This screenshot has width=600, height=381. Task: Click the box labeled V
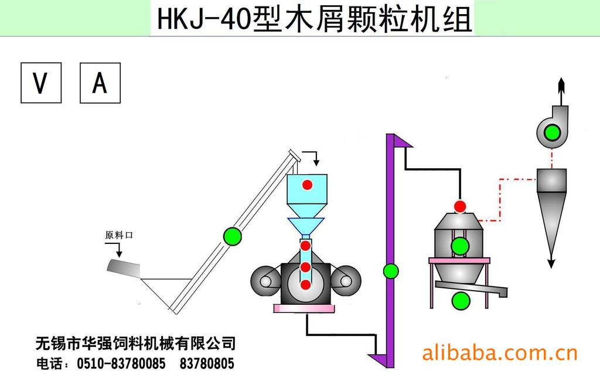click(x=41, y=83)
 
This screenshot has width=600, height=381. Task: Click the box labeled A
click(x=100, y=83)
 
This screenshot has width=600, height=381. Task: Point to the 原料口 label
click(x=119, y=235)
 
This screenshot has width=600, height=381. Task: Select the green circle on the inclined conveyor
click(x=233, y=236)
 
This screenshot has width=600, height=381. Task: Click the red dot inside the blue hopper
click(x=308, y=185)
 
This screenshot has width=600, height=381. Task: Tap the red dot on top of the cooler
click(x=461, y=206)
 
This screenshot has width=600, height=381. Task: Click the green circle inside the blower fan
click(x=551, y=132)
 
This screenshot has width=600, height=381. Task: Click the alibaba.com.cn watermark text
click(x=500, y=353)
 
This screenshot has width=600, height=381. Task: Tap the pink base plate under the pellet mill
click(x=304, y=308)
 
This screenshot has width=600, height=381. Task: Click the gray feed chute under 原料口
click(x=124, y=268)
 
